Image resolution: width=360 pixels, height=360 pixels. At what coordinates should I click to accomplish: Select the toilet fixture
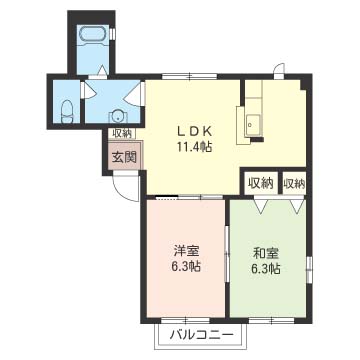(65, 111)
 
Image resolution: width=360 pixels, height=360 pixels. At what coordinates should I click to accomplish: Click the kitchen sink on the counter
(250, 126)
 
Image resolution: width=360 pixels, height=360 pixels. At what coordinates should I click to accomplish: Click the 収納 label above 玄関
(121, 133)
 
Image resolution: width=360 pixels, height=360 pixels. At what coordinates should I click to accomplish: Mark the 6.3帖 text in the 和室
(266, 269)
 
